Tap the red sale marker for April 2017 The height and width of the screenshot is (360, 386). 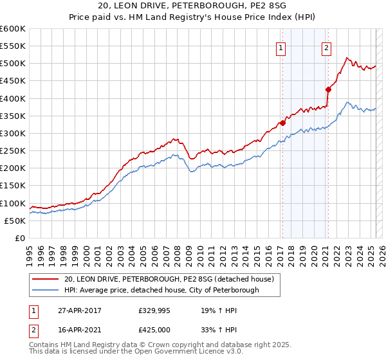coord(282,123)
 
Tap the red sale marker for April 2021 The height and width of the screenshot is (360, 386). coord(328,89)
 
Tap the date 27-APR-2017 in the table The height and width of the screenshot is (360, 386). coord(78,310)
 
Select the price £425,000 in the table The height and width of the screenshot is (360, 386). coord(156,330)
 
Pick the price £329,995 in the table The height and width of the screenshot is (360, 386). coord(156,310)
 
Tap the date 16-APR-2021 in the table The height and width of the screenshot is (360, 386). coord(78,330)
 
